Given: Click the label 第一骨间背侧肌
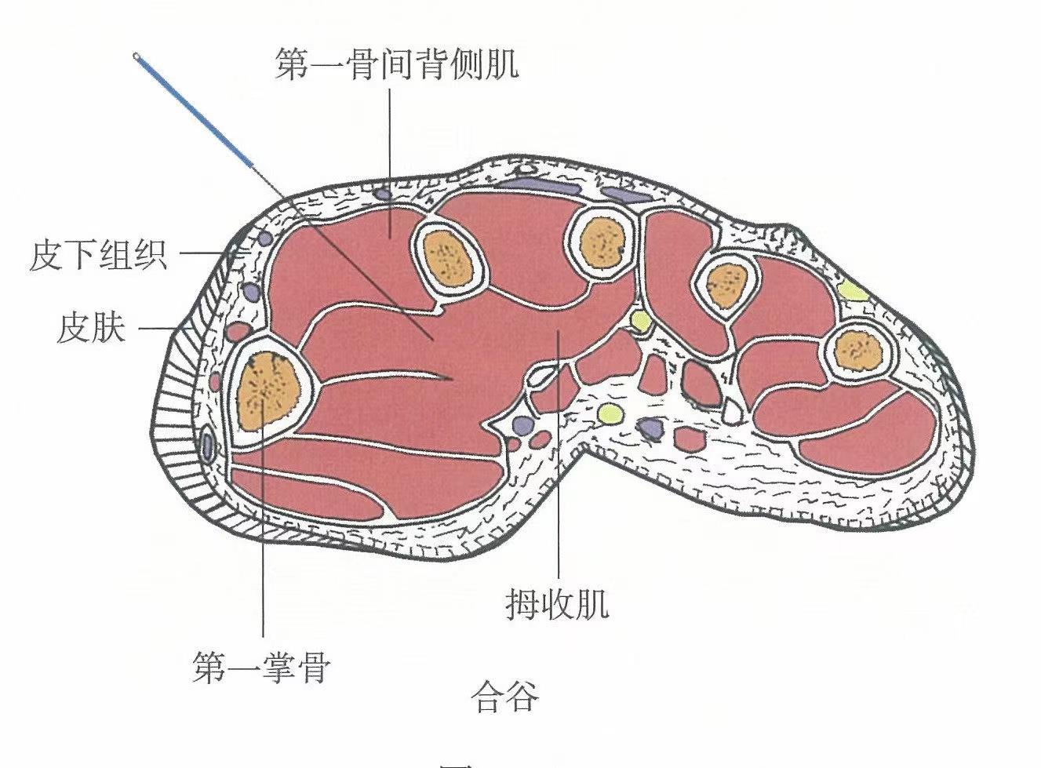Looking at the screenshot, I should [x=396, y=64].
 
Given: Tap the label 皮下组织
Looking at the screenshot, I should [x=98, y=255].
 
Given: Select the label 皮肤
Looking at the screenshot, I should [x=91, y=327].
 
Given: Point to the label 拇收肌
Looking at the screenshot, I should [x=557, y=605].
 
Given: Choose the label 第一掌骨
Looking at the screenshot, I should [x=261, y=669].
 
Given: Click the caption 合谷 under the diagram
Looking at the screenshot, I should [x=505, y=697].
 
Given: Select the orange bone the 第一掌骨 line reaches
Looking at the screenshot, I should [x=268, y=389].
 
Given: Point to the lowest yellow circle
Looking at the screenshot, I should [x=610, y=412].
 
